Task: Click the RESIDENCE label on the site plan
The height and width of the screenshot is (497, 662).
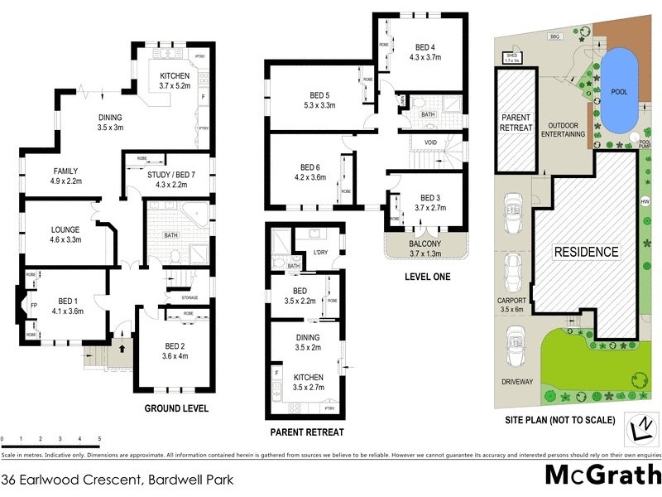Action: click(586, 252)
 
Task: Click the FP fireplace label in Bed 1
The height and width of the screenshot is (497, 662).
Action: click(34, 304)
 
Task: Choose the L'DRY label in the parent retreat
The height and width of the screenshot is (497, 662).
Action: click(321, 252)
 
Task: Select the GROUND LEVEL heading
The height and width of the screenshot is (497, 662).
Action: click(176, 408)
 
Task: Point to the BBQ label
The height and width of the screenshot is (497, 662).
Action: click(554, 37)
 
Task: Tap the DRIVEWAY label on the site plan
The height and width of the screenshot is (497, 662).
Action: click(516, 382)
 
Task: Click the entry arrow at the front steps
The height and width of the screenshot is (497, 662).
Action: click(122, 349)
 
